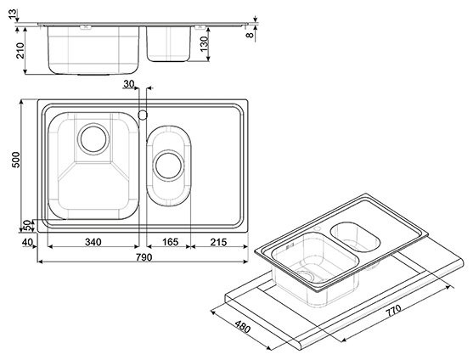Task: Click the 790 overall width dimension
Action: tap(144, 257)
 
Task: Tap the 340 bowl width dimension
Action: tap(93, 242)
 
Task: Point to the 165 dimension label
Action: tap(171, 242)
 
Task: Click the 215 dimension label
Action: tap(218, 242)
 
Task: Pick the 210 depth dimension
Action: tap(20, 50)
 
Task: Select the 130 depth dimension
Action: tap(204, 43)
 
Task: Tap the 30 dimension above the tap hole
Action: tap(129, 84)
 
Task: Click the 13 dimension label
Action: tap(13, 14)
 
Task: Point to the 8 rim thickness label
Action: tap(250, 35)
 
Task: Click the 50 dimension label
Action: tap(27, 226)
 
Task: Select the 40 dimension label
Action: tap(27, 242)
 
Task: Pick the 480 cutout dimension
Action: tap(243, 327)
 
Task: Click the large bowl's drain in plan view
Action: tap(93, 139)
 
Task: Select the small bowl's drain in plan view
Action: tap(168, 166)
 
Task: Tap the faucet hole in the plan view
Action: tap(143, 115)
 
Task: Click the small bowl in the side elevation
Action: tap(168, 44)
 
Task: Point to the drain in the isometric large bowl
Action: tap(306, 275)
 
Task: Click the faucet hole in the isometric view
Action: tap(317, 230)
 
